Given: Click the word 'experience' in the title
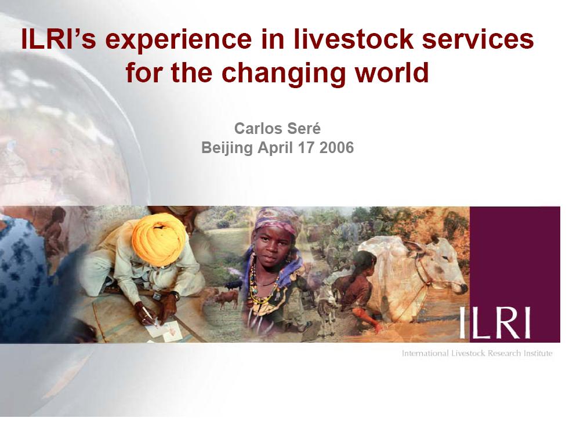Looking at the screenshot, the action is pos(178,39).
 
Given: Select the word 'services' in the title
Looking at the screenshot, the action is pos(478,39).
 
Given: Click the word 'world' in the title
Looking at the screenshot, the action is pos(391,72).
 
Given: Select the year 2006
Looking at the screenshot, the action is pos(336,148).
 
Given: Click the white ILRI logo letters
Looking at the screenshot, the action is pos(495,323).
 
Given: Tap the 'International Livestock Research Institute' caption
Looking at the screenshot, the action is pos(477,353).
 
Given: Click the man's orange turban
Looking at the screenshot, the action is pos(158,238).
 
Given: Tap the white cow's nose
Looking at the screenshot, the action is pos(462,288).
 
